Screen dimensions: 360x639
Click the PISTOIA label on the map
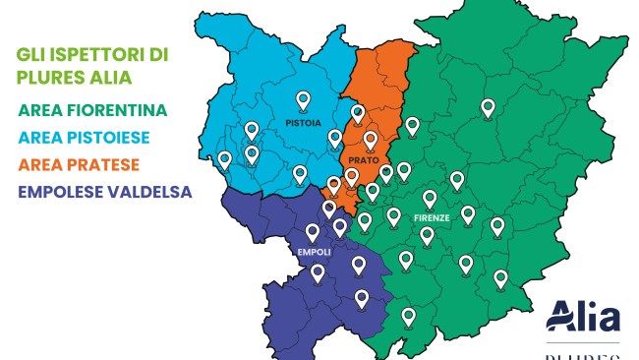pos(302,125)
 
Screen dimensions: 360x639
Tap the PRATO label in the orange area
pos(364,160)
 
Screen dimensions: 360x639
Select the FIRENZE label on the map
pos(432,217)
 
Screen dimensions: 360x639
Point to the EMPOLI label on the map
pos(314,252)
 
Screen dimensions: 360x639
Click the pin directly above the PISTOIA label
pos(303,100)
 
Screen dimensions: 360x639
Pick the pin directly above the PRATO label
pos(371,141)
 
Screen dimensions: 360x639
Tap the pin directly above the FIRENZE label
pos(430,199)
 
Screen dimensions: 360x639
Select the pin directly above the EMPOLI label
pos(313,233)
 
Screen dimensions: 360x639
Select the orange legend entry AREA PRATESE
pos(79,163)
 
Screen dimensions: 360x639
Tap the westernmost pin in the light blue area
pos(225,159)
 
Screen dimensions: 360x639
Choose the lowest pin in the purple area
pos(362,298)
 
